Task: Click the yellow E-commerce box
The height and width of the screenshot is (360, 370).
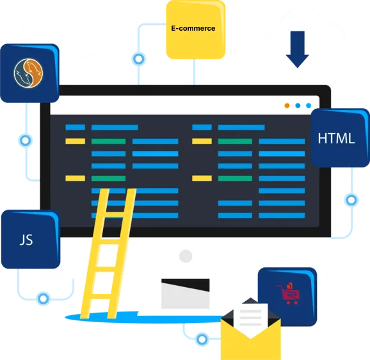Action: pyautogui.click(x=196, y=29)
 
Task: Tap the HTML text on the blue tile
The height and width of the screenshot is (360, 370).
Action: pyautogui.click(x=336, y=138)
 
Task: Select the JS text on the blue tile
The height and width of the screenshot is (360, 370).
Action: pyautogui.click(x=26, y=240)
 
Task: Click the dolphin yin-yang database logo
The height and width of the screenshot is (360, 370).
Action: pyautogui.click(x=28, y=74)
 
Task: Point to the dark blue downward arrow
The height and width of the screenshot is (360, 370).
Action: pyautogui.click(x=297, y=49)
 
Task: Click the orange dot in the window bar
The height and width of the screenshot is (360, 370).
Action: pyautogui.click(x=287, y=106)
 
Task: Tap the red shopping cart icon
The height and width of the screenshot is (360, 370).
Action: pyautogui.click(x=287, y=293)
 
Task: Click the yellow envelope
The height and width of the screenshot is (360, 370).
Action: pyautogui.click(x=250, y=337)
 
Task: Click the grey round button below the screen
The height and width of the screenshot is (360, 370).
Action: pyautogui.click(x=186, y=256)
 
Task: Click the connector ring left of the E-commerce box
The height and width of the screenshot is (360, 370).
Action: pyautogui.click(x=138, y=59)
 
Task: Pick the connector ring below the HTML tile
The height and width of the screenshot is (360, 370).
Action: pyautogui.click(x=351, y=200)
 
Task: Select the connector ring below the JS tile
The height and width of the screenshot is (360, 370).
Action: pyautogui.click(x=43, y=299)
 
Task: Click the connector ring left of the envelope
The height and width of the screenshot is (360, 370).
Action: pyautogui.click(x=202, y=340)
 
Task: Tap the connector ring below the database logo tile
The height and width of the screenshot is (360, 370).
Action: pyautogui.click(x=25, y=141)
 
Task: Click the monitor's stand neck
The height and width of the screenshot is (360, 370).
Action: pyautogui.click(x=186, y=293)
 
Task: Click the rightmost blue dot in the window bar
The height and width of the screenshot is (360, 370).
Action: pyautogui.click(x=309, y=106)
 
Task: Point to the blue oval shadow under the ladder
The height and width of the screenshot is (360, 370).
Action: pyautogui.click(x=144, y=318)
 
